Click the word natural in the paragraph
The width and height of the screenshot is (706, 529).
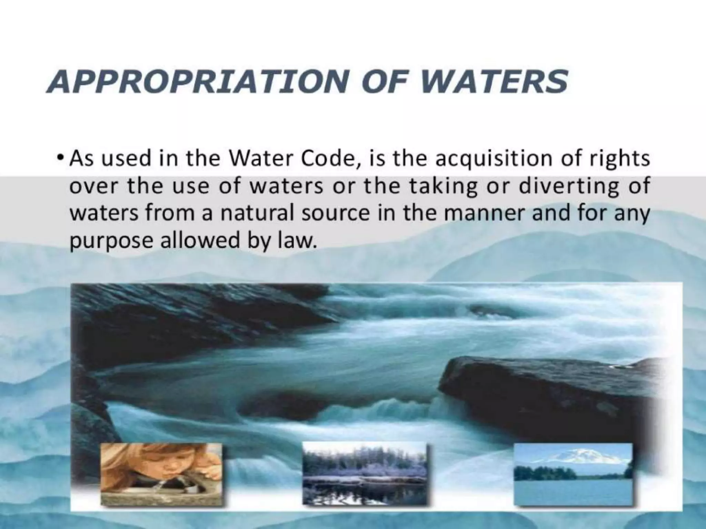tap(257, 214)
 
